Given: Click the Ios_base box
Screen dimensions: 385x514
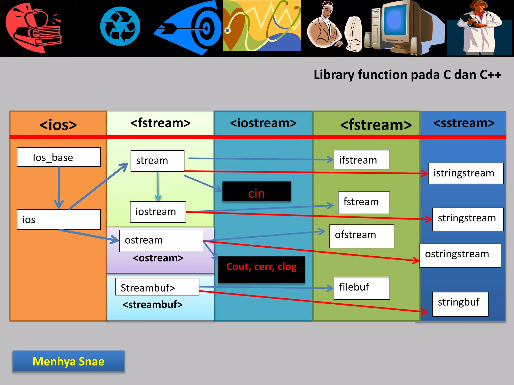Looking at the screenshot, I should point(59,157).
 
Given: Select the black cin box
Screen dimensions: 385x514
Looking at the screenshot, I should point(256,192).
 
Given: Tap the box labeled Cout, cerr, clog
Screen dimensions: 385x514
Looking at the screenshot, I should point(261,270).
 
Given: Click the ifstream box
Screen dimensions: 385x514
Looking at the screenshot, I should point(361,160).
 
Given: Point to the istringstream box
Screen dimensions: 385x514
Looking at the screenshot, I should point(466,173).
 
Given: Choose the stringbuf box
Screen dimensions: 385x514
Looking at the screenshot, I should point(460,304).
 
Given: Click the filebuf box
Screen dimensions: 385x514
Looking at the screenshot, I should point(361,288).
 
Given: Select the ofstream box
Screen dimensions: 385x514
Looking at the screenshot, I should point(361,236).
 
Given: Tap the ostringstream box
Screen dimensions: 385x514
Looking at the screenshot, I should point(460,255).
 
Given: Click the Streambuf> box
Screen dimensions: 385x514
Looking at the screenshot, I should point(157,287).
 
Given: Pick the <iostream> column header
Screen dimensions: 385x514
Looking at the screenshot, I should point(263,123).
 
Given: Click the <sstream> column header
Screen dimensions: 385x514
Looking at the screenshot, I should point(464,123).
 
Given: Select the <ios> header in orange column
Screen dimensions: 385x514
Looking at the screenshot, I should point(58,125).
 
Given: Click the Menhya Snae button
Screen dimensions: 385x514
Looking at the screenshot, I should point(69,361).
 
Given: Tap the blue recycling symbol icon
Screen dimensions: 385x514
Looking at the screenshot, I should point(120,26).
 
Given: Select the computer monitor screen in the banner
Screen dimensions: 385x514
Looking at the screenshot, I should point(396,21).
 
